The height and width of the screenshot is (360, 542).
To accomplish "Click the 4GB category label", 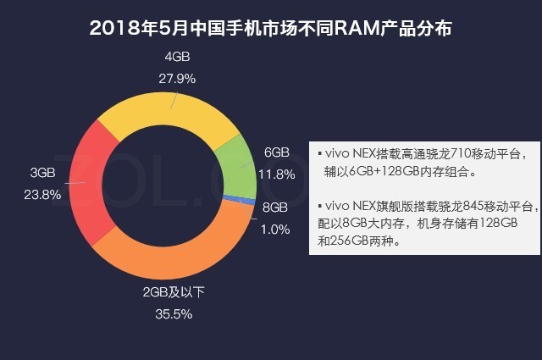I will click(x=177, y=57).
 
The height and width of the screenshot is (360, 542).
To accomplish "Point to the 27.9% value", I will click(x=177, y=78).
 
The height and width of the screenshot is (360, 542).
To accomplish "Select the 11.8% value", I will click(x=277, y=174).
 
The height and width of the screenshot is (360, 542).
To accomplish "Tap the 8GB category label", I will click(x=275, y=207).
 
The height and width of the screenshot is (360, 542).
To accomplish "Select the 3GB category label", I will click(x=43, y=172).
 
